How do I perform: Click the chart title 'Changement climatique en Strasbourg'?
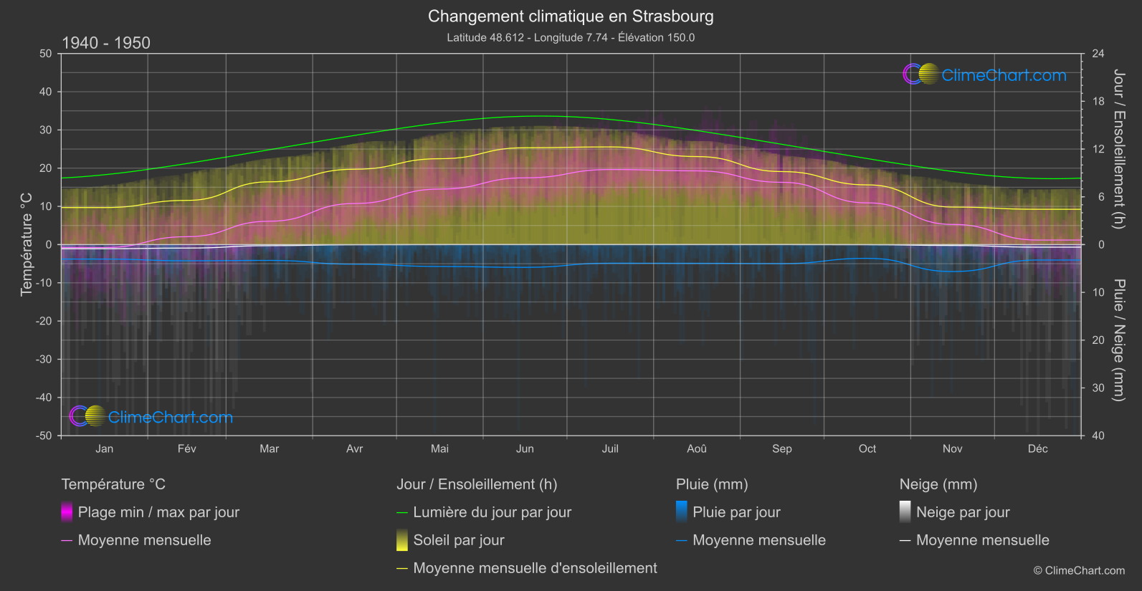point(571,16)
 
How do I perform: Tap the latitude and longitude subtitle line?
point(571,38)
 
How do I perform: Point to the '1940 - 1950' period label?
point(106,43)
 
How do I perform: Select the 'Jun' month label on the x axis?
point(525,449)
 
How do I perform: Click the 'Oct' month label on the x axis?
point(867,449)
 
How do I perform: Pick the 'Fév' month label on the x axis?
point(186,449)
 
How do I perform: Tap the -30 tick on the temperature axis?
point(44,360)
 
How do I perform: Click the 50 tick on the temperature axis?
point(46,54)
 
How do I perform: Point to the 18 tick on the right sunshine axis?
point(1098,102)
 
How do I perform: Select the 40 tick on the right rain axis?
point(1098,436)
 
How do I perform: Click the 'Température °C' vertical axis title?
point(27,244)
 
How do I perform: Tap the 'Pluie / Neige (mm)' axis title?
point(1118,340)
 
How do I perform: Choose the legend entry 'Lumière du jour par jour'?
point(492,512)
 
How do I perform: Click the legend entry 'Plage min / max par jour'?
point(158,512)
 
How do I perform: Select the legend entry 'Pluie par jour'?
point(736,512)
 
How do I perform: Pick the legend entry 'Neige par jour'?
point(963,512)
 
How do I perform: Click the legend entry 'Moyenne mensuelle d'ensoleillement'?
point(535,568)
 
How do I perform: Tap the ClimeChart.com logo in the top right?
point(985,75)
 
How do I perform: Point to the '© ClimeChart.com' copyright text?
point(1079,571)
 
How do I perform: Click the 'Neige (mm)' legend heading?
point(938,484)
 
